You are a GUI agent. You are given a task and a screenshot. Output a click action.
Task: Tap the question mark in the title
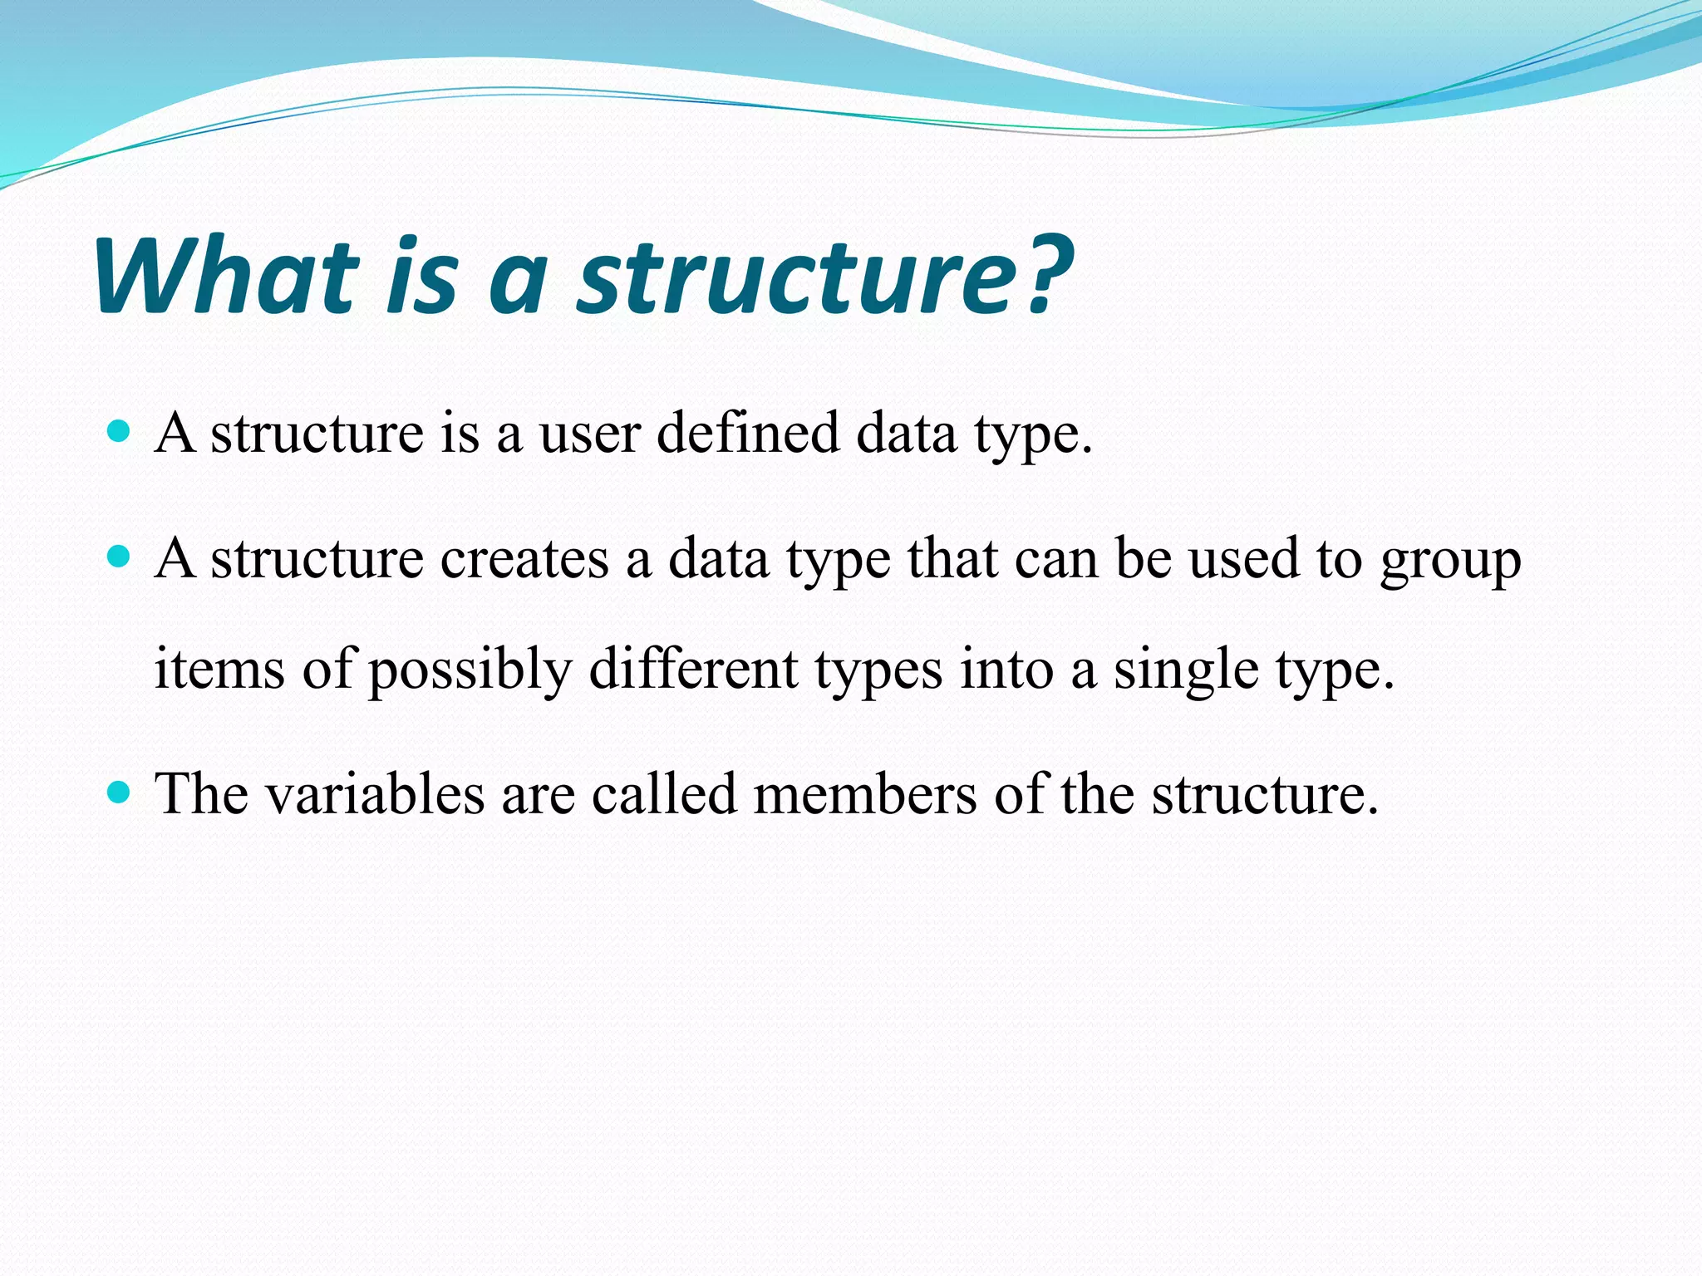click(x=1049, y=276)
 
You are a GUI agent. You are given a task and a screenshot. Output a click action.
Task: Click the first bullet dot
click(x=120, y=431)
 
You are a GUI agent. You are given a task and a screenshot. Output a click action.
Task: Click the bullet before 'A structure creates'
click(x=120, y=557)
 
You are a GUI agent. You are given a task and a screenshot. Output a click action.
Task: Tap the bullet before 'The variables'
click(x=120, y=792)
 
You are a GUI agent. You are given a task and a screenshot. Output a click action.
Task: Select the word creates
click(x=524, y=559)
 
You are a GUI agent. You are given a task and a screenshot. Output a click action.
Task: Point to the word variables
click(x=375, y=794)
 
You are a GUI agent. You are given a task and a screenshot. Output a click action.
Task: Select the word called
click(x=664, y=794)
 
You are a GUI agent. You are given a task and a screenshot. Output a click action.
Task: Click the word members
click(x=865, y=794)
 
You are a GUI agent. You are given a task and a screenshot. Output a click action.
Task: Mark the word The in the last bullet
click(x=202, y=794)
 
